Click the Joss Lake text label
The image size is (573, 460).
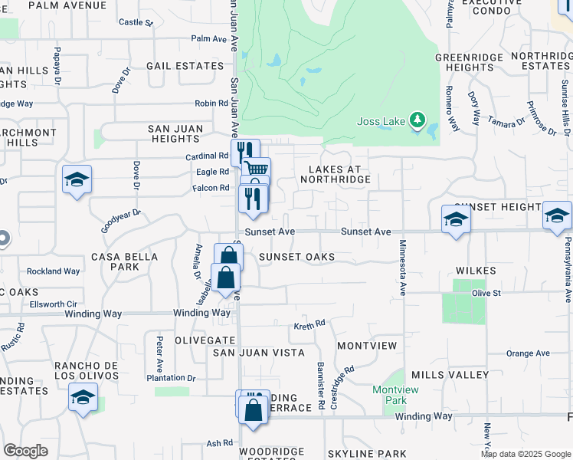[381, 121]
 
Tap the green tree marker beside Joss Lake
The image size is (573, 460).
[417, 120]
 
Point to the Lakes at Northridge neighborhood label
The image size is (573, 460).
[339, 173]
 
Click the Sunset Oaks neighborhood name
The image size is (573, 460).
[296, 256]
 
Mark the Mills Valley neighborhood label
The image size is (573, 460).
[450, 375]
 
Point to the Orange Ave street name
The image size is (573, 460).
[528, 353]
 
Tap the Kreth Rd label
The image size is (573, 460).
[309, 325]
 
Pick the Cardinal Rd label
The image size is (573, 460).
[208, 156]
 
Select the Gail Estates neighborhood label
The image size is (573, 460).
[185, 66]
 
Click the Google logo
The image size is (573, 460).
[25, 451]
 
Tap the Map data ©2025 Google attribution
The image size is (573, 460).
[525, 454]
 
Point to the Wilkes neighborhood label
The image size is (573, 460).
[476, 271]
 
